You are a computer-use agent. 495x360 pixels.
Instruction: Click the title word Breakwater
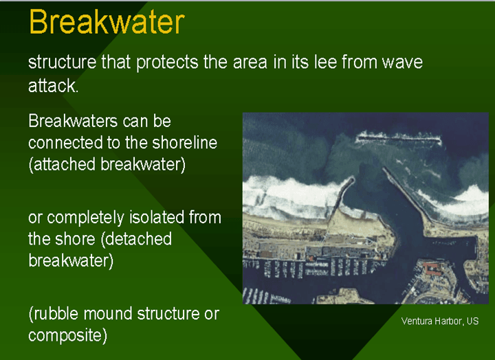[x=106, y=22]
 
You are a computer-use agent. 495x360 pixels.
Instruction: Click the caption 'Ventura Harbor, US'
[x=439, y=322]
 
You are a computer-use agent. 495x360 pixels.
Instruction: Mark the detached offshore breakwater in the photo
[x=398, y=139]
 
